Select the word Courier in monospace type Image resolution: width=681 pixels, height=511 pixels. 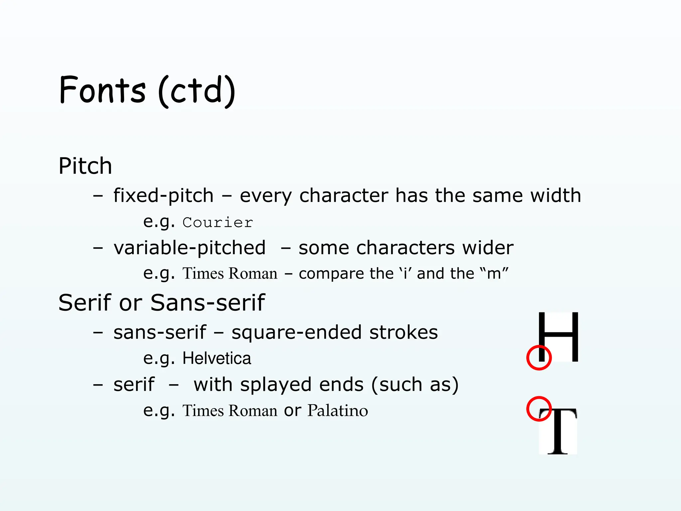pyautogui.click(x=218, y=223)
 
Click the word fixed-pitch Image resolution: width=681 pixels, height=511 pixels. pyautogui.click(x=163, y=195)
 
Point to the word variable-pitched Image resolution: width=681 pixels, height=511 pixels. pyautogui.click(x=190, y=248)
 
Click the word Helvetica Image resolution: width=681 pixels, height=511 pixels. pyautogui.click(x=217, y=358)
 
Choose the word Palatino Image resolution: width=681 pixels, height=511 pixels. pyautogui.click(x=338, y=410)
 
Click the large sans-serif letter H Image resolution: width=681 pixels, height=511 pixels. pyautogui.click(x=558, y=337)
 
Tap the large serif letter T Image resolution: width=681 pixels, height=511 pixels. pyautogui.click(x=558, y=431)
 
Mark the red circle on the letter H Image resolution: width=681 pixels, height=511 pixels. pyautogui.click(x=539, y=358)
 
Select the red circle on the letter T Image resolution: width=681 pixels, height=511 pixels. pyautogui.click(x=539, y=409)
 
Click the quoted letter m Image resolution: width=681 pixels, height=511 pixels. pyautogui.click(x=494, y=274)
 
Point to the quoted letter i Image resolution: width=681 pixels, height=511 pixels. pyautogui.click(x=405, y=274)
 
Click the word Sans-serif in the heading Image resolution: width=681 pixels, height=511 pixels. pyautogui.click(x=207, y=303)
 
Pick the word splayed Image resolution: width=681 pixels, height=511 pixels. pyautogui.click(x=276, y=385)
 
